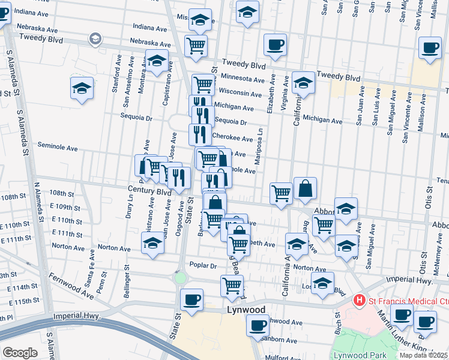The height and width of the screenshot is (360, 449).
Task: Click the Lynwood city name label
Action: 246,310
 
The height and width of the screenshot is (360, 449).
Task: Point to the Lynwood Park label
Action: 360,355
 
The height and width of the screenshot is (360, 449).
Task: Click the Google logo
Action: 19,353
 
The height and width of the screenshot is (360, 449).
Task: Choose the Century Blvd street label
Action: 149,190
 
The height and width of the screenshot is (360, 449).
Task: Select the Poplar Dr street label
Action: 202,265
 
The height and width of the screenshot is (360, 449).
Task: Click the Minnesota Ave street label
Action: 243,79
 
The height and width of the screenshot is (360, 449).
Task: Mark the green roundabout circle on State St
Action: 180,278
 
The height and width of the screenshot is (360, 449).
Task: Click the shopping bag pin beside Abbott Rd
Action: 305,188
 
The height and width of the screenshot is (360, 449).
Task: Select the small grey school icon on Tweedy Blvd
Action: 95,39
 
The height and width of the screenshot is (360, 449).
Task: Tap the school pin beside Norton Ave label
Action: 152,243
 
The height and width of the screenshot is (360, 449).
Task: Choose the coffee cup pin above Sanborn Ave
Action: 258,326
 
